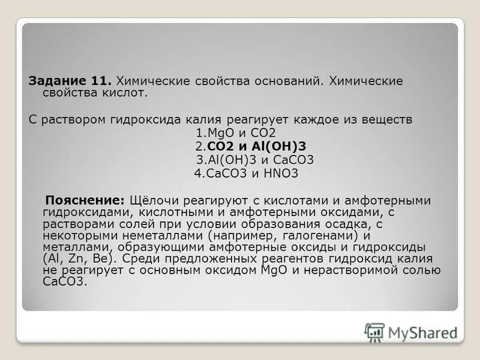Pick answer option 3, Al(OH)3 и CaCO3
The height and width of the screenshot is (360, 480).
(x=255, y=160)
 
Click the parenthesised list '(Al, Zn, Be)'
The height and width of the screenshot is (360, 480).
(x=80, y=259)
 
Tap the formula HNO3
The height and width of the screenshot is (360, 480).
(x=280, y=173)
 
